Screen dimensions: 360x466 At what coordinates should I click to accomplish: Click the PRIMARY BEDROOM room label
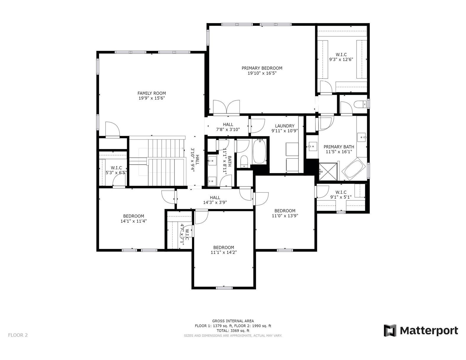[x=262, y=68]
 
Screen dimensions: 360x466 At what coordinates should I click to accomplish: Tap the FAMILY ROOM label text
[x=151, y=93]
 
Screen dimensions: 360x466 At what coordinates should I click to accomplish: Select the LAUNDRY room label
[x=284, y=126]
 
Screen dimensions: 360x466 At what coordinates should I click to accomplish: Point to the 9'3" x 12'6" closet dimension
[x=341, y=59]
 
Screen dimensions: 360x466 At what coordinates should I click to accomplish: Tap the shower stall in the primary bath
[x=328, y=171]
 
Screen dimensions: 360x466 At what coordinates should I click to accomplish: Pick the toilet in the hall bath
[x=244, y=161]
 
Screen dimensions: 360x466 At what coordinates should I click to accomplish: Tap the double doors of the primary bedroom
[x=226, y=107]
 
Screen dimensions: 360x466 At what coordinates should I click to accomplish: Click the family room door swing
[x=113, y=129]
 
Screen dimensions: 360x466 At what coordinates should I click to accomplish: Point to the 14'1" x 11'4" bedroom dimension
[x=134, y=221]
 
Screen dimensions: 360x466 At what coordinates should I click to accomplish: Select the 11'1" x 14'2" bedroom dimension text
[x=224, y=252]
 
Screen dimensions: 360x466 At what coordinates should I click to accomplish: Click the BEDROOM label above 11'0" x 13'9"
[x=285, y=211]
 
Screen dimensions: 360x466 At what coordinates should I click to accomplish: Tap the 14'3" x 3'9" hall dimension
[x=215, y=202]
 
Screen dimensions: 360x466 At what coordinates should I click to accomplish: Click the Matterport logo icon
[x=390, y=330]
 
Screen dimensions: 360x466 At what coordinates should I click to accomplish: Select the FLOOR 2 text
[x=18, y=335]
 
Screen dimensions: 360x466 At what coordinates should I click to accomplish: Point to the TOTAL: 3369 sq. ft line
[x=233, y=331]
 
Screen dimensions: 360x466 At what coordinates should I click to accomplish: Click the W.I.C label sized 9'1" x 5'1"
[x=341, y=192]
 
